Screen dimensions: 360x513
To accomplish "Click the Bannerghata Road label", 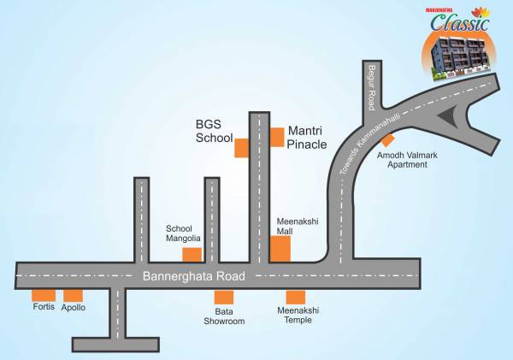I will pyautogui.click(x=194, y=276).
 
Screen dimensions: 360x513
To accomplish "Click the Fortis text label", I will pyautogui.click(x=44, y=308).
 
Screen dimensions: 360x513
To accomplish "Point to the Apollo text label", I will pyautogui.click(x=74, y=308).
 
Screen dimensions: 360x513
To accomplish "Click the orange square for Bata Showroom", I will pyautogui.click(x=223, y=298).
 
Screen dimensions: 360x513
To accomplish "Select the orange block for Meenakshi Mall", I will pyautogui.click(x=280, y=249).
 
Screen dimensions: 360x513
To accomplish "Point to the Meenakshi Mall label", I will pyautogui.click(x=297, y=226).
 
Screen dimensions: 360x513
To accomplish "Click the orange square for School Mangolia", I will pyautogui.click(x=192, y=254).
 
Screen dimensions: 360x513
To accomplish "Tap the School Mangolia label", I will pyautogui.click(x=183, y=233).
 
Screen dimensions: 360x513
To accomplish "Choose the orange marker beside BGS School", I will pyautogui.click(x=241, y=147).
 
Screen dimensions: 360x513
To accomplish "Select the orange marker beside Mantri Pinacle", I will pyautogui.click(x=277, y=137).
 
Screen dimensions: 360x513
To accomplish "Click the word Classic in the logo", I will pyautogui.click(x=459, y=23).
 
